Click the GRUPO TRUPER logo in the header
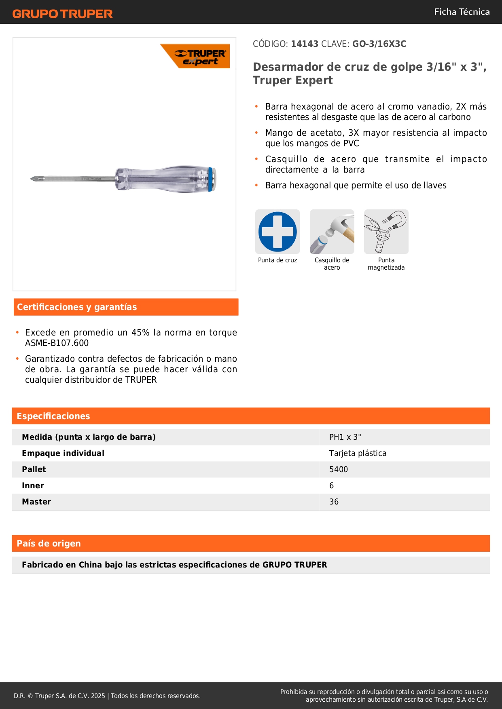(62, 14)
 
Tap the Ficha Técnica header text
(462, 12)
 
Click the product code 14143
(305, 44)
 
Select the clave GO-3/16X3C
(379, 44)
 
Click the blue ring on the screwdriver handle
(211, 179)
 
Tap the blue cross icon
(277, 232)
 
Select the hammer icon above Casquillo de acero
(332, 232)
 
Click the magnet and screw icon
(386, 232)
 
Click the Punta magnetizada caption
(386, 264)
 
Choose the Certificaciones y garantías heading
(77, 307)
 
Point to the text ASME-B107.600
(57, 343)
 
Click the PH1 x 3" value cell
(345, 437)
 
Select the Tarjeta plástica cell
(358, 454)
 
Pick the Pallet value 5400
(339, 470)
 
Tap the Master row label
(36, 502)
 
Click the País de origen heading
(49, 544)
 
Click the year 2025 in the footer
(98, 696)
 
